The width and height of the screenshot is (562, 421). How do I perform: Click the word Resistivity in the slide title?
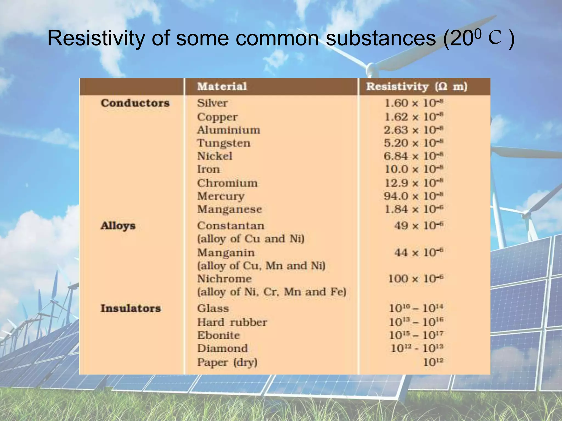[x=96, y=38]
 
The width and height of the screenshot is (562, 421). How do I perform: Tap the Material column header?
[x=222, y=87]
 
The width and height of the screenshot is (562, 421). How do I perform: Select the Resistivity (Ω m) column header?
[x=417, y=87]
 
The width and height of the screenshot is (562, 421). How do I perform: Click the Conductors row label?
[x=135, y=103]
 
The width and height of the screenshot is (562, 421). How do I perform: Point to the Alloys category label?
[x=118, y=226]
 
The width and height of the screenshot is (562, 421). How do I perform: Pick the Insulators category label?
[x=131, y=308]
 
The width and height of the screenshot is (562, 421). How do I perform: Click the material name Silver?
[x=212, y=103]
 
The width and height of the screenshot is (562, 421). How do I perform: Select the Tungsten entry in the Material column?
[x=224, y=143]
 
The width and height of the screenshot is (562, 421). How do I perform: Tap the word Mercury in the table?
[x=221, y=196]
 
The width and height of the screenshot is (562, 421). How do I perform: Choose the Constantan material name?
[x=231, y=226]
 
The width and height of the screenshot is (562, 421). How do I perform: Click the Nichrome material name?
[x=224, y=279]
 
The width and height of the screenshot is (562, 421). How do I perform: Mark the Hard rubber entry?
[x=232, y=322]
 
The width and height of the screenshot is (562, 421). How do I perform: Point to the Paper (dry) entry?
[x=227, y=362]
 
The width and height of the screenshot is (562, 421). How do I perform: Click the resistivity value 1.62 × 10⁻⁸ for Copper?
[x=414, y=117]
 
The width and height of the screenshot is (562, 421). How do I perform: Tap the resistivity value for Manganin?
[x=419, y=252]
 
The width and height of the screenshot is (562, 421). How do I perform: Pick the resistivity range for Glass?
[x=416, y=308]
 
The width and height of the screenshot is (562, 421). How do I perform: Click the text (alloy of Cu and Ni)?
[x=251, y=239]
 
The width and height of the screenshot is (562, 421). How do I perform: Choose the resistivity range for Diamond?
[x=417, y=349]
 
